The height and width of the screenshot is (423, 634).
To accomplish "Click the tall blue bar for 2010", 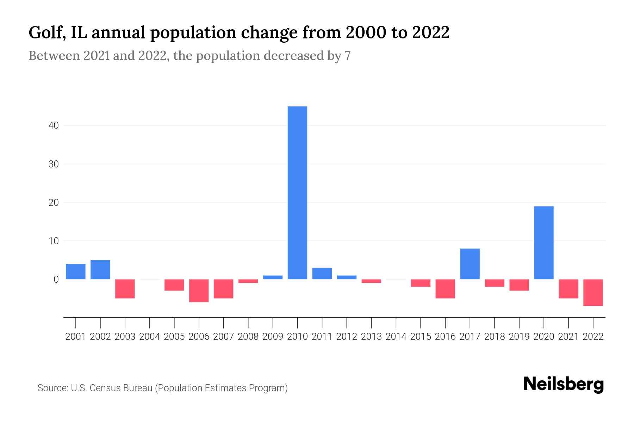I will click(x=297, y=192).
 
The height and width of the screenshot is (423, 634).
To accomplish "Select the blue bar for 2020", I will click(x=543, y=243).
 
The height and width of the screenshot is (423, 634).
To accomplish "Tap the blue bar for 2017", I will click(x=470, y=264).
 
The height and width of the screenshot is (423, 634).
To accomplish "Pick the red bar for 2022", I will click(x=593, y=292).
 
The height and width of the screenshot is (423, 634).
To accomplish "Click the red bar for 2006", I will click(x=199, y=290).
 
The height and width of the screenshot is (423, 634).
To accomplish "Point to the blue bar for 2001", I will click(x=75, y=271).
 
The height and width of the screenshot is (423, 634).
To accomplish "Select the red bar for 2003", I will click(x=125, y=289).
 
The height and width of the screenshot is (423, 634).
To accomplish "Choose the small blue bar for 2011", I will click(x=322, y=274).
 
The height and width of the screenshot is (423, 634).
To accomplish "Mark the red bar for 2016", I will click(x=445, y=289).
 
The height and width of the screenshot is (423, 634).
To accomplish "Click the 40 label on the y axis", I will click(x=54, y=125).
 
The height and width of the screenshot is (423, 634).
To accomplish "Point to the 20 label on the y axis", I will click(x=54, y=203).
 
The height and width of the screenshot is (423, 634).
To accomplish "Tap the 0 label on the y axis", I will click(x=56, y=280).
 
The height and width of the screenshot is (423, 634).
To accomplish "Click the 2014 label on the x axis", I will click(x=396, y=337).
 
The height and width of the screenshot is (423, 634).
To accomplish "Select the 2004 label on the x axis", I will click(x=149, y=337).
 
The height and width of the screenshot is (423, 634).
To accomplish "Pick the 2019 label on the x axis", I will click(x=519, y=337).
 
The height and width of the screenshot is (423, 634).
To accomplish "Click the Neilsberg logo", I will click(x=563, y=385).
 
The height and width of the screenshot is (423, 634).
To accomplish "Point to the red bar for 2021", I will click(x=568, y=289).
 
